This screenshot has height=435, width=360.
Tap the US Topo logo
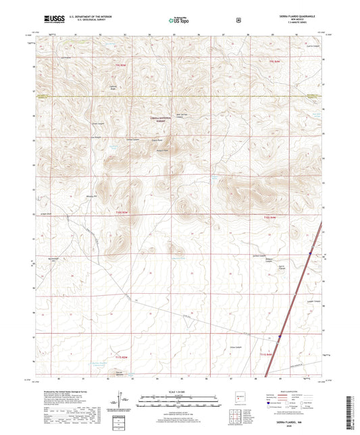pos(179,21)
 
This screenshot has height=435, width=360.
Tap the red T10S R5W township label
pos(120,211)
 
